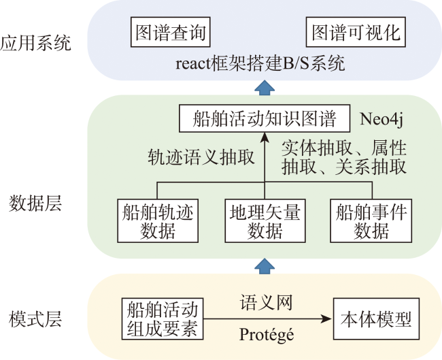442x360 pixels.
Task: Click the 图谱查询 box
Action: coord(171,32)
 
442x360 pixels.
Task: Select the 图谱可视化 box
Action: coord(356,32)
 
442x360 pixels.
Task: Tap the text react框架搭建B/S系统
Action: coord(260,63)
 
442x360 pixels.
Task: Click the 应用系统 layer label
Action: coord(35,43)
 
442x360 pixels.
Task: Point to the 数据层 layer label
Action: coord(35,203)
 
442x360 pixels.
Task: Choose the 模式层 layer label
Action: coord(35,319)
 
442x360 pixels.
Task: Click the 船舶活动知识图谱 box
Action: coord(265,118)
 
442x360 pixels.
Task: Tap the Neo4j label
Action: coord(381,119)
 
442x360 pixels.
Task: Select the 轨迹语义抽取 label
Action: coord(201,157)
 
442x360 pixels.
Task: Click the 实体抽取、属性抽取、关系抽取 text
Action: coord(344,157)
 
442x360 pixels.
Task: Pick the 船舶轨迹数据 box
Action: coord(158,220)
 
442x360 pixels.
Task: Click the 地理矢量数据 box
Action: coord(265,220)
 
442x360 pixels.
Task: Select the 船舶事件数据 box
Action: coord(371,220)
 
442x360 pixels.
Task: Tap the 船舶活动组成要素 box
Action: coord(163,318)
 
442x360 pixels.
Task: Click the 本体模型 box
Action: coord(376,318)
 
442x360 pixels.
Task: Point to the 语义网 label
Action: coord(266,302)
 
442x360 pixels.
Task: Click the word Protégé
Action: coord(267,335)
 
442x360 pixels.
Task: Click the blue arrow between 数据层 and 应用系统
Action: coord(265,88)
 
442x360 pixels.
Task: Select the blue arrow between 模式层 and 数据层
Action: coord(265,266)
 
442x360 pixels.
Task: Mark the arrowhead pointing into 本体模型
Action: coord(326,318)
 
